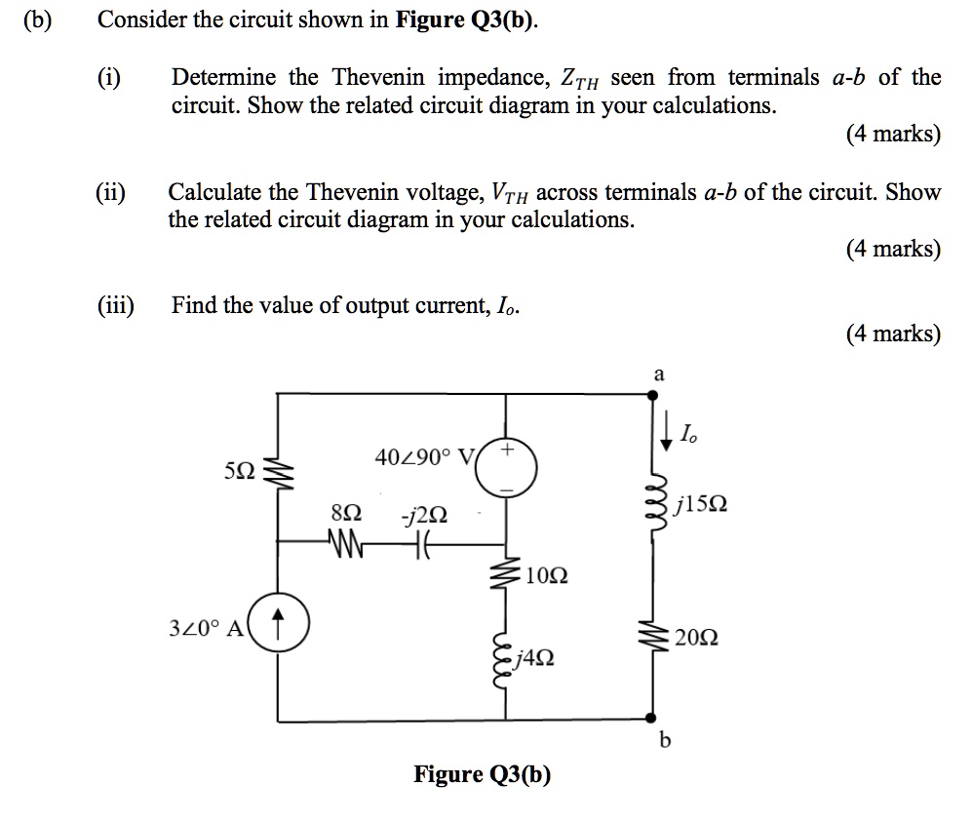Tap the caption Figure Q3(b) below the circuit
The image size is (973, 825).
coord(483,775)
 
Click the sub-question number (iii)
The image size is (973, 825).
coord(116,305)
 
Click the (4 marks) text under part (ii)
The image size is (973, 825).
coord(893,249)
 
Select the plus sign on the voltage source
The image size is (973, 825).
coord(507,451)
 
